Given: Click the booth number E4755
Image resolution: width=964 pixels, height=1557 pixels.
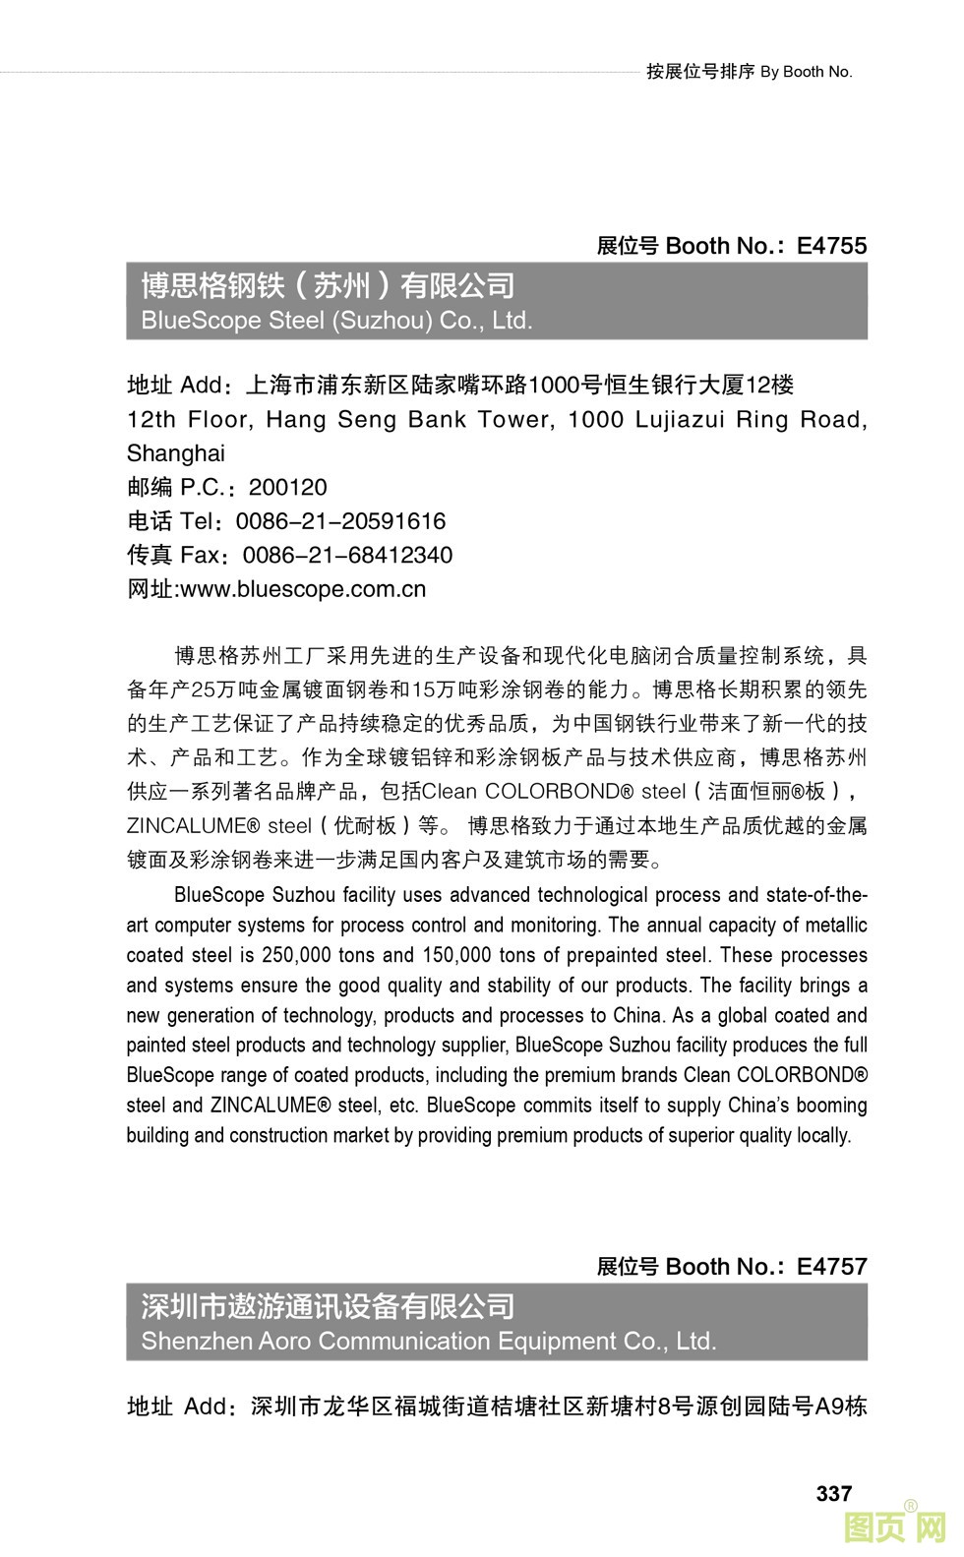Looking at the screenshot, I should tap(831, 246).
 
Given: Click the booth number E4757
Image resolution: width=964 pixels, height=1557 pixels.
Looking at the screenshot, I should tap(831, 1267).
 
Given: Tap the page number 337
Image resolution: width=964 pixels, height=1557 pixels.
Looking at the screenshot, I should tap(833, 1493).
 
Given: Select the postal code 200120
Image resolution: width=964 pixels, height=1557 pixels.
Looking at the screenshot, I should tap(287, 488).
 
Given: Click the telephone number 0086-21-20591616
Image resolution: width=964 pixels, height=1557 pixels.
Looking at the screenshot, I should tap(340, 521).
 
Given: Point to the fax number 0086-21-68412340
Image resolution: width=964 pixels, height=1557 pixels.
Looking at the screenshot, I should tap(347, 556).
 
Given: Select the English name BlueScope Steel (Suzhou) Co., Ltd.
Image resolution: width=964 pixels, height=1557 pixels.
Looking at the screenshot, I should tap(336, 321).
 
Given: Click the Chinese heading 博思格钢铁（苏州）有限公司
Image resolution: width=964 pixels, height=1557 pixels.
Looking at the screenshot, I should tap(328, 286).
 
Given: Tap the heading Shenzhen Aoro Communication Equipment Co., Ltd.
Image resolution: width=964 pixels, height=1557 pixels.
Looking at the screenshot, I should tap(428, 1342).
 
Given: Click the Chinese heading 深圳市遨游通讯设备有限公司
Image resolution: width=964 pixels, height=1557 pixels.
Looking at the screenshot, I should tap(328, 1307).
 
